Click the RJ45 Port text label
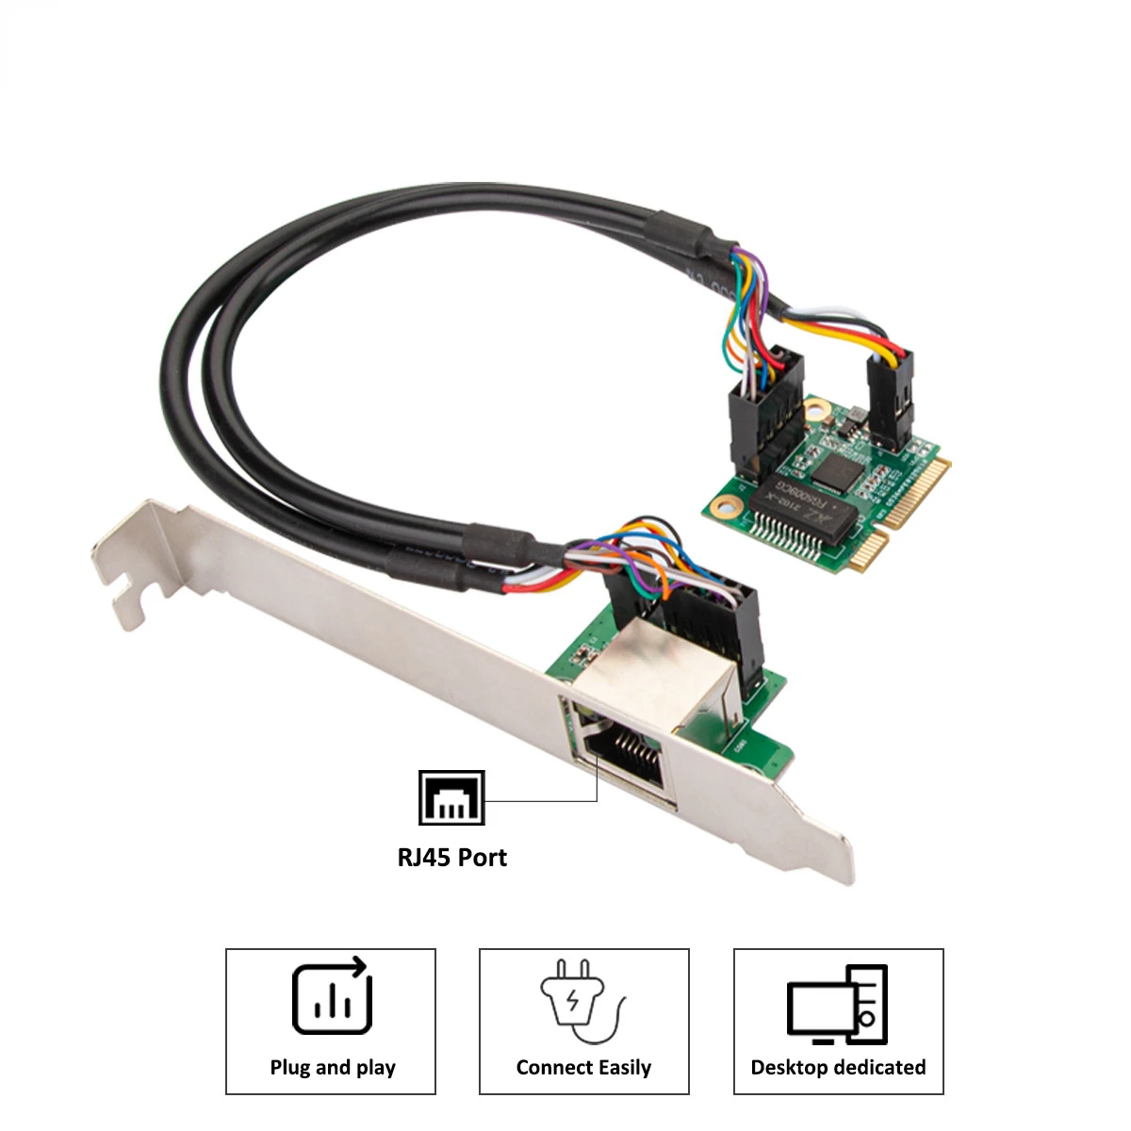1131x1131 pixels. [451, 858]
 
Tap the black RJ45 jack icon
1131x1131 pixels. [451, 797]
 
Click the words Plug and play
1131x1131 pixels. [332, 1068]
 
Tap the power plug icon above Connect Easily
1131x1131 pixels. [577, 1001]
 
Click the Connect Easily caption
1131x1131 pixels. [583, 1068]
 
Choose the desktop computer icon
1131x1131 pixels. [837, 1005]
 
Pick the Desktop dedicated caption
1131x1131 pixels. [838, 1068]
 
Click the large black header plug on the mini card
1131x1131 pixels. [762, 415]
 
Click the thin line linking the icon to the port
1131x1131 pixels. [547, 801]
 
